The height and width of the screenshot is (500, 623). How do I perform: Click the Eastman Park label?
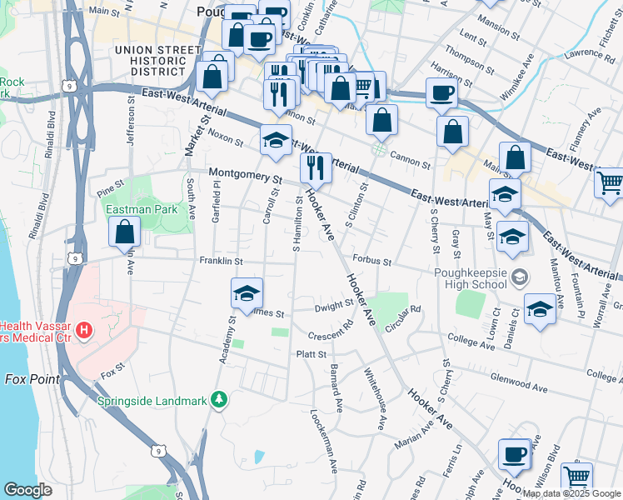(147, 209)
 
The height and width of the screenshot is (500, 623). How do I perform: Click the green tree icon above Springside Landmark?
(219, 401)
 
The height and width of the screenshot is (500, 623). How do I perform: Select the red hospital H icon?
(83, 332)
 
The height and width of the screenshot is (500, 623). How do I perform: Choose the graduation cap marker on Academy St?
(247, 292)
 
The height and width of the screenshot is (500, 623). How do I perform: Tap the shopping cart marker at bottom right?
(576, 477)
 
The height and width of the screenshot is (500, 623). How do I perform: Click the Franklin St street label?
(220, 261)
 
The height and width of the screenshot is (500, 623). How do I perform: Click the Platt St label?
(310, 354)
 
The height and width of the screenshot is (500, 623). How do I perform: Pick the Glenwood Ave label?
(517, 386)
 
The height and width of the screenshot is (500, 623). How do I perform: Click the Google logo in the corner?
(27, 490)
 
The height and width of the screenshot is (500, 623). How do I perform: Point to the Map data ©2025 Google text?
(571, 493)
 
